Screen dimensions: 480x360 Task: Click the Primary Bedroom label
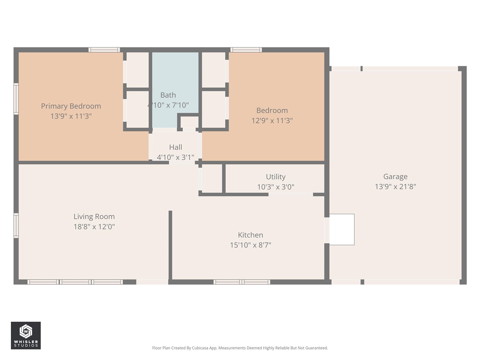[x=71, y=106]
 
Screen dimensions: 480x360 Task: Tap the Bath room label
[x=168, y=95]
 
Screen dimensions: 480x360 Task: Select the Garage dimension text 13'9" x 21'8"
[x=395, y=187]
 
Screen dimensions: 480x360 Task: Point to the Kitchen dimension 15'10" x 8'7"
[x=250, y=245]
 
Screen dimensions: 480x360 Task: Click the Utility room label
[x=276, y=177]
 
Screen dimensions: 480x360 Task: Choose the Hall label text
[x=175, y=147]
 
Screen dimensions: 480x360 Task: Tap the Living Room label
[x=94, y=217]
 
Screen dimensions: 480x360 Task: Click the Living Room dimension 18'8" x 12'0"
[x=94, y=226]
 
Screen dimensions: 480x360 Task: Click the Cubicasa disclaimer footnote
[x=240, y=348]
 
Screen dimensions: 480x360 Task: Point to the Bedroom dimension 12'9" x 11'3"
[x=272, y=121]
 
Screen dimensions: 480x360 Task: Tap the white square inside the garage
[x=342, y=229]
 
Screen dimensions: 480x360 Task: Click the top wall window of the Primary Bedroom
[x=104, y=50]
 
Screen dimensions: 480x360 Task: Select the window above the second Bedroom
[x=246, y=50]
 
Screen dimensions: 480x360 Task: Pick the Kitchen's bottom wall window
[x=242, y=282]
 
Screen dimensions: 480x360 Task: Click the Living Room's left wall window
[x=16, y=226]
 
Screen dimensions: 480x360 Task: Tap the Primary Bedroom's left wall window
[x=16, y=99]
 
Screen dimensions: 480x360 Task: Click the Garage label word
[x=395, y=177]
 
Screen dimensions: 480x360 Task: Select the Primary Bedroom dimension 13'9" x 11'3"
[x=71, y=116]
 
